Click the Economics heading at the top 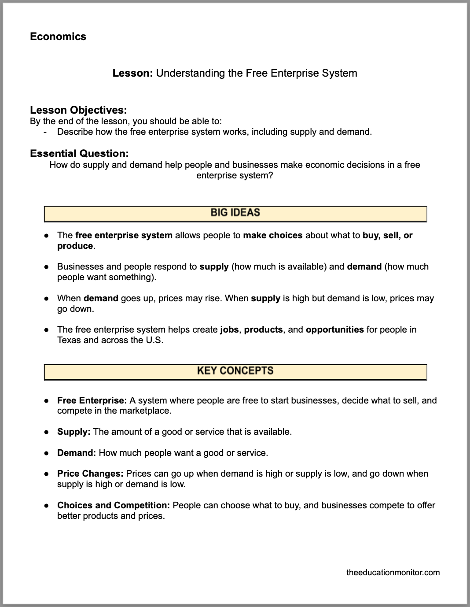click(x=58, y=37)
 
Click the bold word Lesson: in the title click(x=132, y=73)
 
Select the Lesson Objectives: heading click(x=78, y=110)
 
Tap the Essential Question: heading click(x=79, y=153)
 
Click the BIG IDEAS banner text click(x=235, y=213)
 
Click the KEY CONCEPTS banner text click(x=235, y=371)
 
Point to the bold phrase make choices click(x=272, y=235)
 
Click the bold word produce click(x=75, y=246)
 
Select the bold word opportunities click(x=334, y=329)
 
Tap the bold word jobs click(x=229, y=329)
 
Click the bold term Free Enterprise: click(x=92, y=400)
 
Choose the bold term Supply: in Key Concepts click(x=73, y=432)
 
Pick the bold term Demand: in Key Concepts click(x=76, y=453)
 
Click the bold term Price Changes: click(x=90, y=474)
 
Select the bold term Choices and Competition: click(x=114, y=505)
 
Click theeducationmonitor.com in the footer click(x=393, y=572)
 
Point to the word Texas click(x=69, y=340)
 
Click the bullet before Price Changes click(x=46, y=474)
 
